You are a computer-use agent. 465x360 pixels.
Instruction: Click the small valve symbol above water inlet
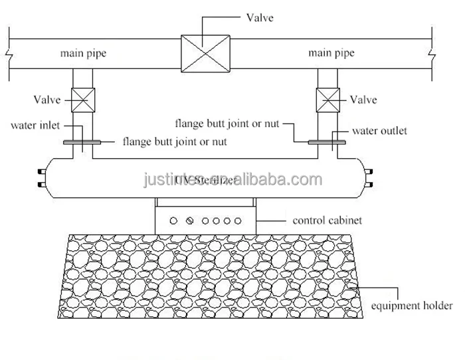pyautogui.click(x=82, y=100)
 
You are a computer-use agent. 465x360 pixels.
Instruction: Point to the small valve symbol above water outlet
pyautogui.click(x=328, y=100)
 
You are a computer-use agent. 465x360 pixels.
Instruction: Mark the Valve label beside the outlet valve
pyautogui.click(x=363, y=100)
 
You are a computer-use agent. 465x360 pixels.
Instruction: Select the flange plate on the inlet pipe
pyautogui.click(x=82, y=141)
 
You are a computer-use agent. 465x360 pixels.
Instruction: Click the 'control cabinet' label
pyautogui.click(x=327, y=220)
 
